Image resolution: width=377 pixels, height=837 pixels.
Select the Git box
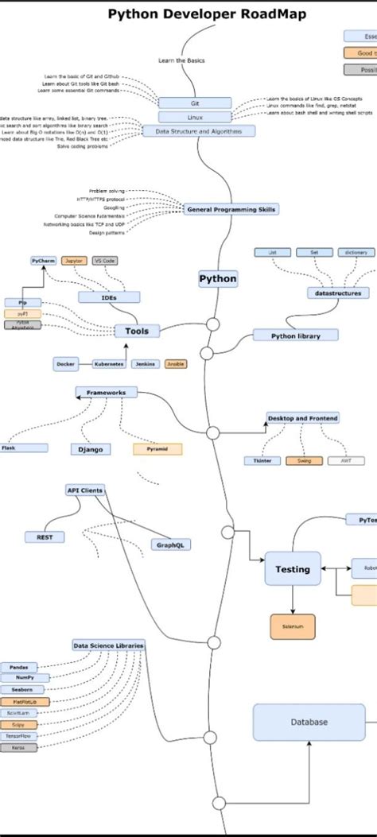(195, 103)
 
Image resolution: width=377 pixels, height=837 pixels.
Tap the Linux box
(195, 117)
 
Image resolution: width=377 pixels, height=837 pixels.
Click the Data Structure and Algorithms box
(195, 130)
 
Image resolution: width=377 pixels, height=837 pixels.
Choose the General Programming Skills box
(231, 209)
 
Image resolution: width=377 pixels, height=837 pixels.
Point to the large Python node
(217, 279)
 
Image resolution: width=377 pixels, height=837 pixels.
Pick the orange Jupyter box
(72, 260)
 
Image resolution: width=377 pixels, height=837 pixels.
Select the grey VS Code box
(104, 260)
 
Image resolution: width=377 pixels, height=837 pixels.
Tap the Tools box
(136, 331)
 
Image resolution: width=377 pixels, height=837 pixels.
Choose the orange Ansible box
(176, 363)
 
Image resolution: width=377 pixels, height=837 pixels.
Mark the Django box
(90, 449)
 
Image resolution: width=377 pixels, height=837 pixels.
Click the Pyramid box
(157, 449)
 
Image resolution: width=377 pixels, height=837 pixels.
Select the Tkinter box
(262, 460)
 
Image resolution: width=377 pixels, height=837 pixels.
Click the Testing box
(292, 569)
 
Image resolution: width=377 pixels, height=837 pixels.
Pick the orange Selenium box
(292, 626)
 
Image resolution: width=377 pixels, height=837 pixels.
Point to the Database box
(308, 722)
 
